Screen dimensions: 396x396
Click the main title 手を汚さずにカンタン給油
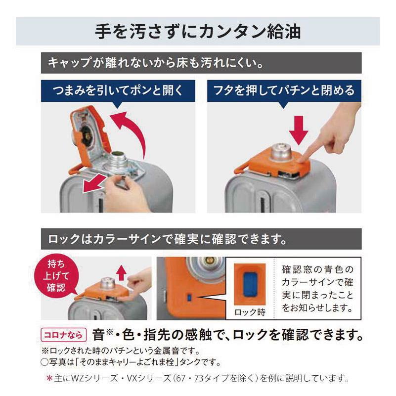click(x=198, y=32)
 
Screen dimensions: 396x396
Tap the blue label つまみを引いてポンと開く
click(x=118, y=91)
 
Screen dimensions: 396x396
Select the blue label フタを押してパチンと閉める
click(x=284, y=91)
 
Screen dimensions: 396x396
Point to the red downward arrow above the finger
click(x=299, y=130)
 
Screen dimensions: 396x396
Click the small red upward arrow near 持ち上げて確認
click(x=122, y=272)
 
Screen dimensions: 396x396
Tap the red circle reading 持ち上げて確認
click(x=56, y=276)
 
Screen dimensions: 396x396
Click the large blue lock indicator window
click(x=250, y=284)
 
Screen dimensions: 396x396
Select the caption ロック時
click(x=250, y=312)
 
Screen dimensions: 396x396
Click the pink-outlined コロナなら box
click(x=63, y=335)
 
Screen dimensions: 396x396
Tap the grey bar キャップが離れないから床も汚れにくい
click(x=201, y=63)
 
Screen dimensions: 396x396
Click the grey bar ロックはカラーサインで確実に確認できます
click(x=201, y=239)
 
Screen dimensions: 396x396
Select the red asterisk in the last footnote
click(x=49, y=379)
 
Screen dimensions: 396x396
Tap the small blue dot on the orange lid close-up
click(x=189, y=297)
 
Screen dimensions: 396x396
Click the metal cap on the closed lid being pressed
click(x=281, y=152)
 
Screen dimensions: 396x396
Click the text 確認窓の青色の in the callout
click(x=317, y=269)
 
